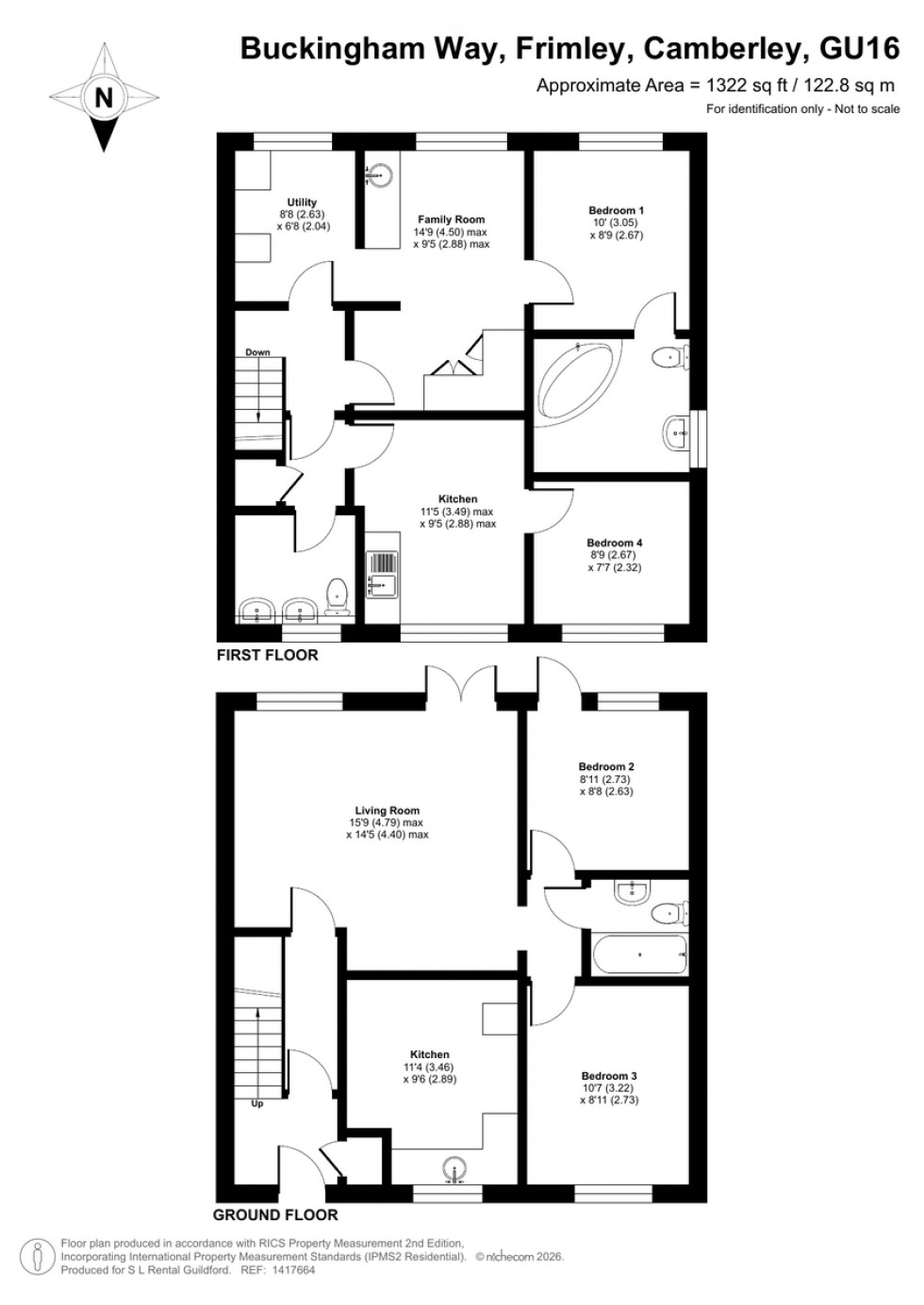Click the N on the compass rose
(x=103, y=97)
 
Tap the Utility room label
(x=302, y=203)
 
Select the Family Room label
(x=451, y=220)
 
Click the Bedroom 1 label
(x=616, y=210)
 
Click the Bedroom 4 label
(x=614, y=543)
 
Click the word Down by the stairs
(x=257, y=352)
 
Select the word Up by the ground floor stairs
(x=257, y=1103)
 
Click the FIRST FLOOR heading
(x=267, y=655)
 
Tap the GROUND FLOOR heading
(x=274, y=1215)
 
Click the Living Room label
(x=387, y=810)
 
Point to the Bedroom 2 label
(x=605, y=767)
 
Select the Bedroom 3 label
(x=608, y=1076)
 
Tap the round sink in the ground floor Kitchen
(x=454, y=1167)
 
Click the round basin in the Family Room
(x=380, y=174)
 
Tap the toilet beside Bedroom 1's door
(x=670, y=356)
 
